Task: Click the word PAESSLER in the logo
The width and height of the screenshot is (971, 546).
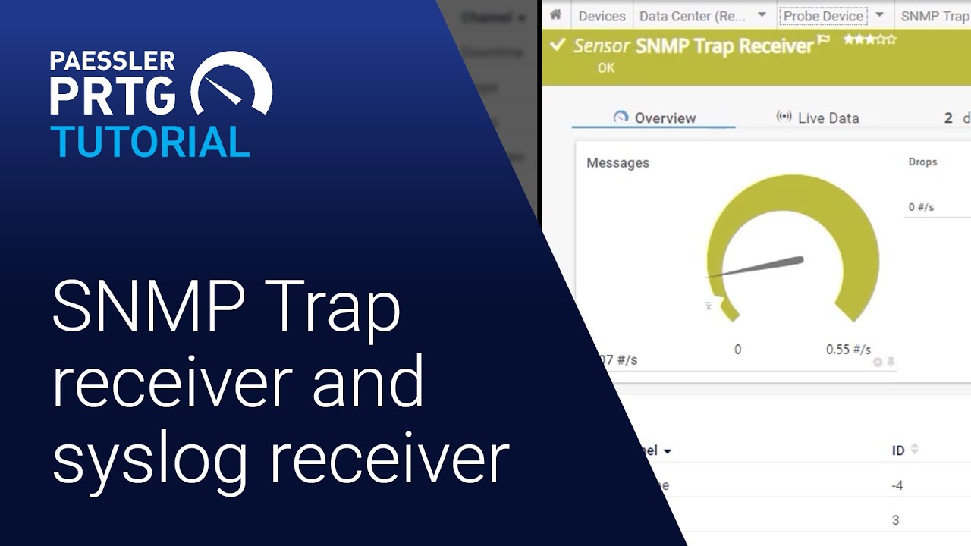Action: click(x=112, y=61)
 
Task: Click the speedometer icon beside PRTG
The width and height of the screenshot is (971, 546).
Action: click(x=231, y=85)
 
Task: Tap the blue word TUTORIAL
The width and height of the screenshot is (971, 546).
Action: click(x=150, y=141)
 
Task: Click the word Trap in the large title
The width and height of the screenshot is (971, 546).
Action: click(x=326, y=306)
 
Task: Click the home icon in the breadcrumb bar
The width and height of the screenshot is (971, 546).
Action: click(x=555, y=15)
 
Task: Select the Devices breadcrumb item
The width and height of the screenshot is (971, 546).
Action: click(x=602, y=16)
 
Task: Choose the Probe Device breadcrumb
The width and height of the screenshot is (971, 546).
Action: click(x=823, y=16)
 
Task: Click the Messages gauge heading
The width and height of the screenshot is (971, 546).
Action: click(x=617, y=162)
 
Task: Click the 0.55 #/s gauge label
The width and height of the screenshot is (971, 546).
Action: click(x=848, y=350)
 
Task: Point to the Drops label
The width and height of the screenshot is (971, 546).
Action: click(x=922, y=162)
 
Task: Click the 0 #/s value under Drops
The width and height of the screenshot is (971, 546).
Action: click(x=921, y=207)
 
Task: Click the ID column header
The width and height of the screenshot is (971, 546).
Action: click(x=898, y=450)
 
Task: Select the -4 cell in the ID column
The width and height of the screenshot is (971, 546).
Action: click(x=897, y=485)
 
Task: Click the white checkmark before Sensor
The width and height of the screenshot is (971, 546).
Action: click(x=558, y=45)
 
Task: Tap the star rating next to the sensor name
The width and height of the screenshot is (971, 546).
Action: click(x=869, y=39)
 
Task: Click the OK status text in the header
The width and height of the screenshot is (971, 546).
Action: click(x=606, y=67)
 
